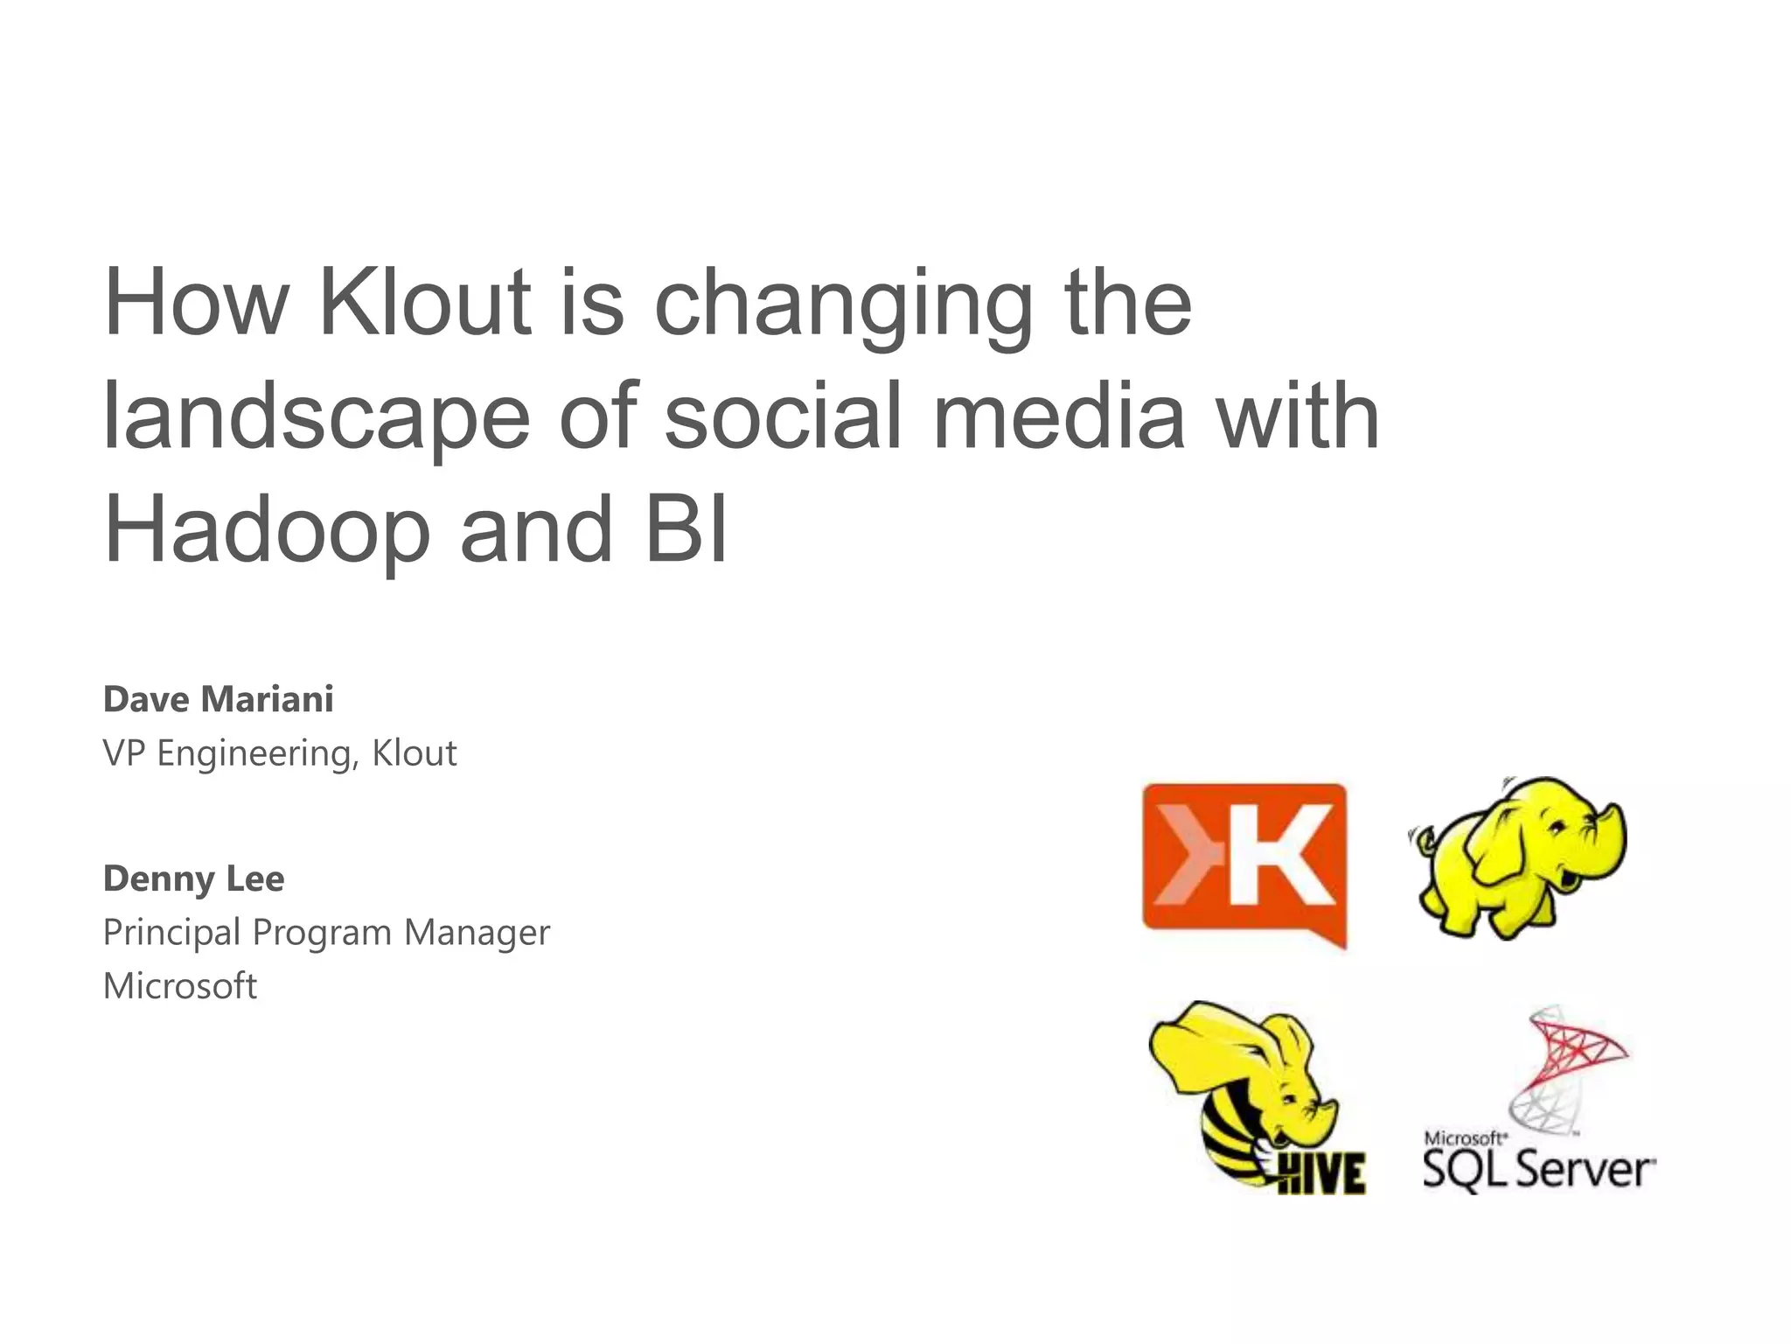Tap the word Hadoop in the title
tap(267, 529)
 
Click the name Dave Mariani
tap(219, 699)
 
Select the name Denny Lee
tap(193, 878)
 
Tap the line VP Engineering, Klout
tap(280, 753)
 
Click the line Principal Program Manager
tap(326, 933)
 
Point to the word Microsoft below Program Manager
tap(180, 986)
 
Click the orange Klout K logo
tap(1244, 862)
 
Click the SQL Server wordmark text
tap(1539, 1168)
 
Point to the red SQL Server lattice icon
tap(1571, 1063)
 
